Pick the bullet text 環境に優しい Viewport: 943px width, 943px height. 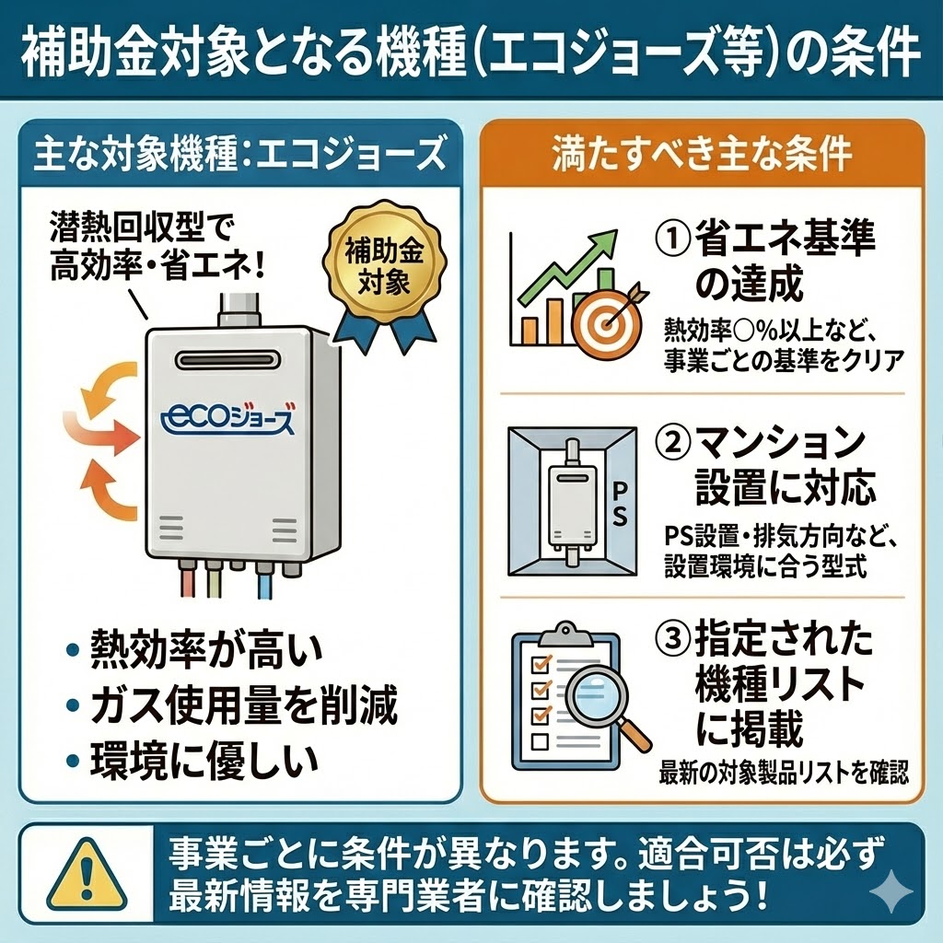point(204,761)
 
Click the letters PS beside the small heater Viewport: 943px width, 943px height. point(618,500)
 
